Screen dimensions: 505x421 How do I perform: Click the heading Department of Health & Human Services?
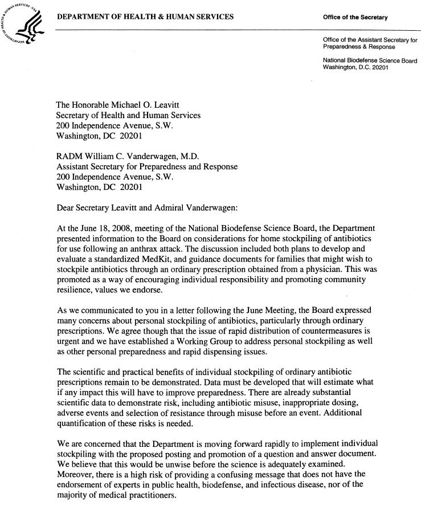pos(145,17)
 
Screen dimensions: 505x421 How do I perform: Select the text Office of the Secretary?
pos(355,18)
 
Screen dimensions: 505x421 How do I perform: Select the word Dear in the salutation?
pos(66,208)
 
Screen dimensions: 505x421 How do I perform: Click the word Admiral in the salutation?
pos(165,208)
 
